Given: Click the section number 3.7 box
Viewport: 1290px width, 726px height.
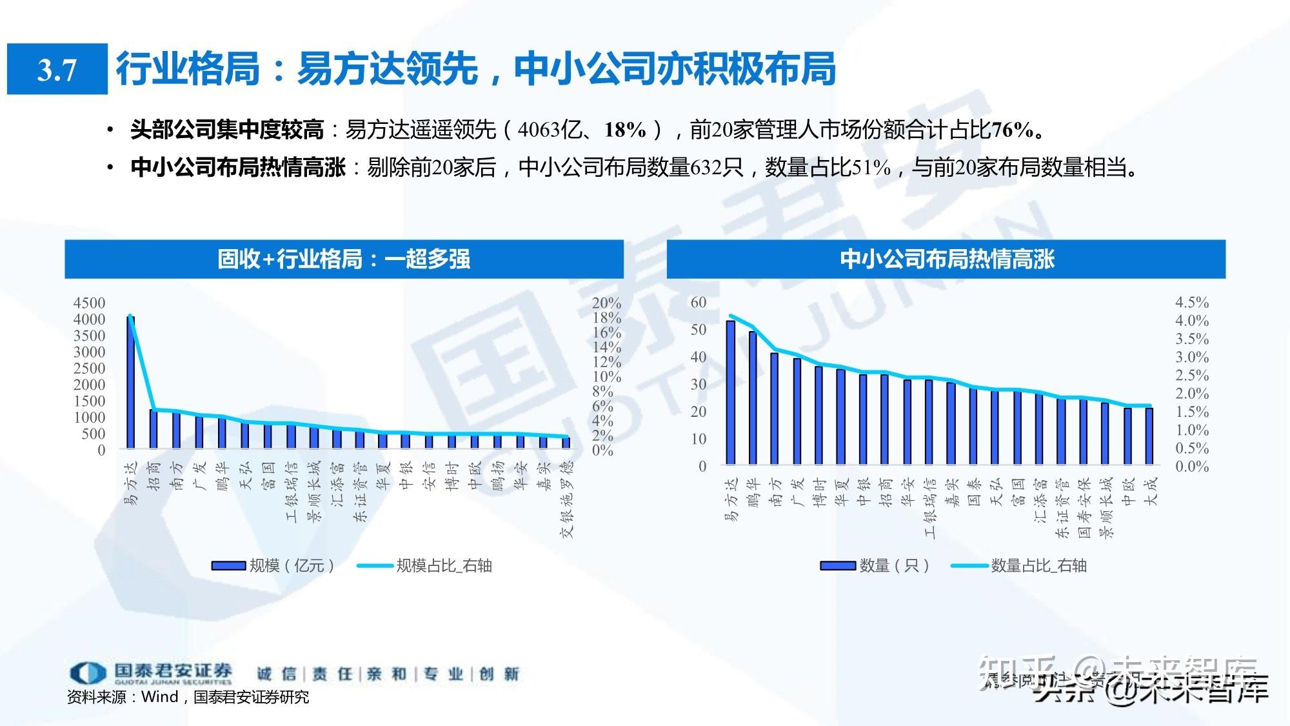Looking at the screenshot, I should coord(57,69).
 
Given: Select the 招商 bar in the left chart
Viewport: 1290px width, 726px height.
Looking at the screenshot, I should coord(154,429).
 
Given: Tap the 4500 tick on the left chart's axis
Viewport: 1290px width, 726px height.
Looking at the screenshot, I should coord(89,303).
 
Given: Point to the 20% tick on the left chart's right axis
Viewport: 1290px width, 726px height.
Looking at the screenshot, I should coord(606,303).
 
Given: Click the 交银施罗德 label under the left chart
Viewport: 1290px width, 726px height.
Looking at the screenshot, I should coord(567,499).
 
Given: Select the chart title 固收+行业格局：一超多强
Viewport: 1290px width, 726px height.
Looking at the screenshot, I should coord(344,259).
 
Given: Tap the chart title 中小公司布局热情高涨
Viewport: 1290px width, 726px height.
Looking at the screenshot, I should coord(946,259).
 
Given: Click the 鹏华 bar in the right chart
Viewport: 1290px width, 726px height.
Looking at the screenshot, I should coord(752,398).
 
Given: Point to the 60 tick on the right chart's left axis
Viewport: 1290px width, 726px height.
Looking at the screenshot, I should coord(699,302).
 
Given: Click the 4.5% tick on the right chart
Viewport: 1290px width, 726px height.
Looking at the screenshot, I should coord(1191,302).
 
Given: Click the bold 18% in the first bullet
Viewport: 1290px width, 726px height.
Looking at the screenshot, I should coord(625,130).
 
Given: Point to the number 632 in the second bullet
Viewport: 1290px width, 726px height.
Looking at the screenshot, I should coord(706,168).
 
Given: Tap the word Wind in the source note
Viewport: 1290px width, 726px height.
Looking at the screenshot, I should coord(159,697).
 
